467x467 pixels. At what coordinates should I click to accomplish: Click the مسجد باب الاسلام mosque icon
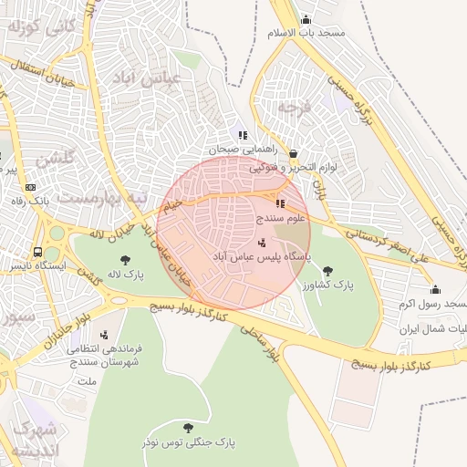pos(306,20)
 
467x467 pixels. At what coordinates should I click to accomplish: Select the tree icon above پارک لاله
pos(125,260)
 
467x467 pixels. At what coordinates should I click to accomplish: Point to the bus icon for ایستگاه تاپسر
pos(37,252)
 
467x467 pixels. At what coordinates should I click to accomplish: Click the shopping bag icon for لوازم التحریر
pos(293,154)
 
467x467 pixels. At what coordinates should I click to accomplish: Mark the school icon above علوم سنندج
pos(280,204)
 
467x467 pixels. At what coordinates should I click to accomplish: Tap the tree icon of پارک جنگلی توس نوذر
pos(188,427)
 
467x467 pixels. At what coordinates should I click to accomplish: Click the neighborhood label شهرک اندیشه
pos(34,439)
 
